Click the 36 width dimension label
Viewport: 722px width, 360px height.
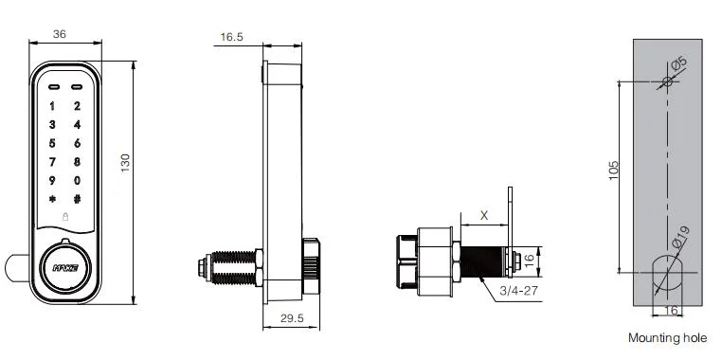point(60,34)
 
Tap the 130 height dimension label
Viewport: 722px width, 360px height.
point(125,163)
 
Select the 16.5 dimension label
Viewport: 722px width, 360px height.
point(231,37)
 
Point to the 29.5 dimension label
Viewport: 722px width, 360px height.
point(292,318)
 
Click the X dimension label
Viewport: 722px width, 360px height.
point(484,215)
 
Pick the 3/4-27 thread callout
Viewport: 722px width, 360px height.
point(518,291)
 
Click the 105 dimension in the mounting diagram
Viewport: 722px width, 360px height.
point(613,171)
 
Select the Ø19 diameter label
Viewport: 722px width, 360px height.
point(680,237)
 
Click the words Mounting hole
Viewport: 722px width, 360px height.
point(667,338)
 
